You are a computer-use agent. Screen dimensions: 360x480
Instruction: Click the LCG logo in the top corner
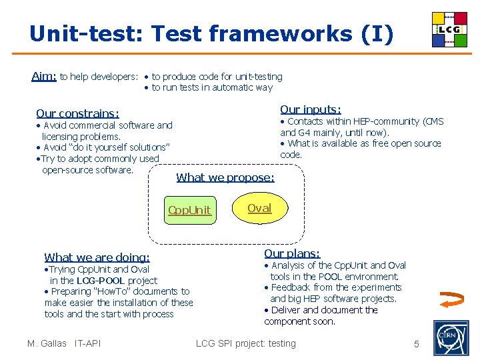pyautogui.click(x=449, y=29)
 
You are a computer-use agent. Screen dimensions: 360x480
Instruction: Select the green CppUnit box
pyautogui.click(x=189, y=210)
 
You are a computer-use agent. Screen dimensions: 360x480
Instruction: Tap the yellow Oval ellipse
pyautogui.click(x=259, y=208)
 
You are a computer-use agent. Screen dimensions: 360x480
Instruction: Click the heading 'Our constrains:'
pyautogui.click(x=77, y=113)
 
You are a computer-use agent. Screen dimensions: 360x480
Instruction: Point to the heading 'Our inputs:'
pyautogui.click(x=310, y=109)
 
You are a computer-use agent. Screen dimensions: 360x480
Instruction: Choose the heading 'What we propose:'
pyautogui.click(x=225, y=177)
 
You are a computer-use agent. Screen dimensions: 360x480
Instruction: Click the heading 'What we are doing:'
pyautogui.click(x=97, y=257)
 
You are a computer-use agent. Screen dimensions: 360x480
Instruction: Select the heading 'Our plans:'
pyautogui.click(x=292, y=253)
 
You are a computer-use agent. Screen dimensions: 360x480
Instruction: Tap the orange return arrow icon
pyautogui.click(x=453, y=302)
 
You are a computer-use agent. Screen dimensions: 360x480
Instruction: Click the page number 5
pyautogui.click(x=417, y=344)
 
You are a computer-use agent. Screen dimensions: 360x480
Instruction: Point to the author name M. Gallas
pyautogui.click(x=47, y=343)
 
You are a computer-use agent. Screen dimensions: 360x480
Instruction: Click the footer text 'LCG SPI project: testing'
pyautogui.click(x=245, y=343)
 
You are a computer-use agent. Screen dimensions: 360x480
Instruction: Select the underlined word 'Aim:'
pyautogui.click(x=44, y=76)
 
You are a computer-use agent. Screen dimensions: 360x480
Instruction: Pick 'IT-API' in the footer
pyautogui.click(x=87, y=343)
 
